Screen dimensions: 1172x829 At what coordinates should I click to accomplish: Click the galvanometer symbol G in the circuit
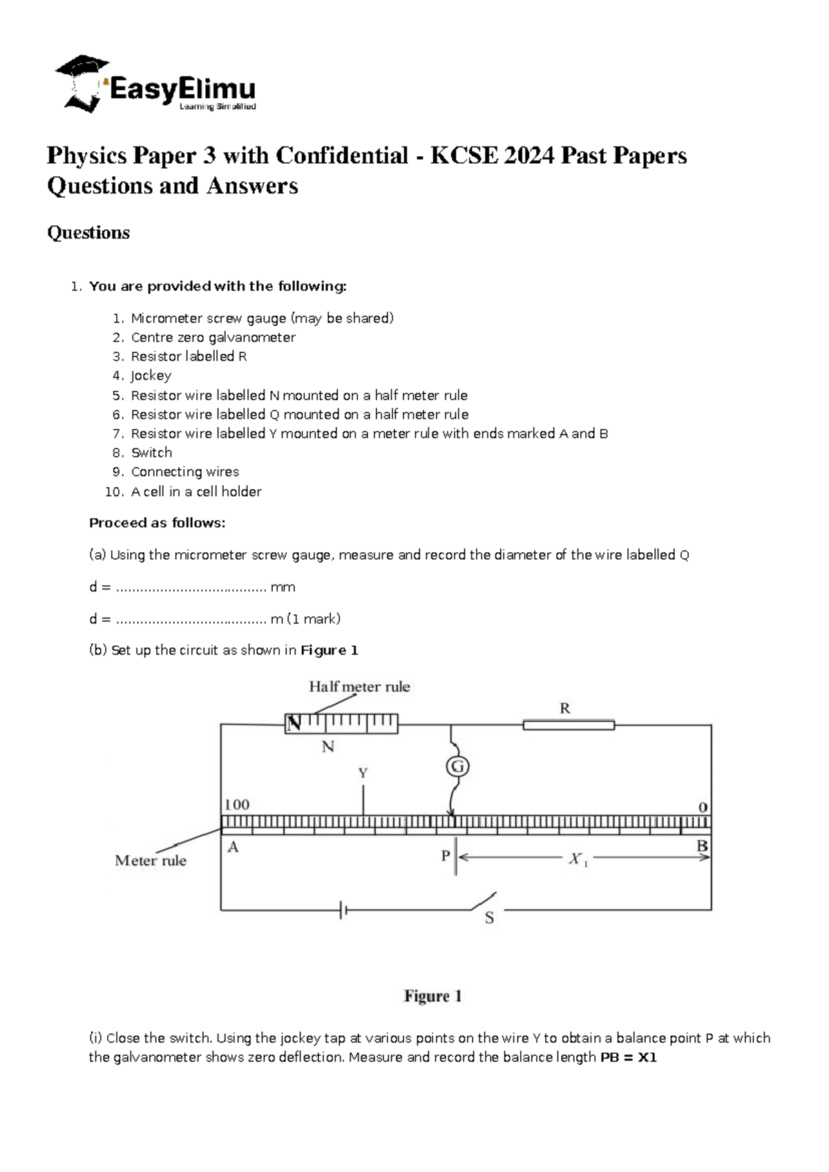(x=457, y=766)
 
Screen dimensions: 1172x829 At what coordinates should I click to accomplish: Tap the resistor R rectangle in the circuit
(x=568, y=725)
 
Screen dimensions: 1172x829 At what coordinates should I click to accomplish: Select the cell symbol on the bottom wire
(x=343, y=910)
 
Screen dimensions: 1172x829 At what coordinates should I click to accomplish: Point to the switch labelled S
(x=484, y=902)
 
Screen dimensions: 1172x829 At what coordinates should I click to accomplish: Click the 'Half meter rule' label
(x=359, y=687)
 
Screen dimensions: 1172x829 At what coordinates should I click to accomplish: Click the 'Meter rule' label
(x=151, y=861)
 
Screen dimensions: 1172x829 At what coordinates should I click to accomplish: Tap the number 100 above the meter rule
(x=237, y=804)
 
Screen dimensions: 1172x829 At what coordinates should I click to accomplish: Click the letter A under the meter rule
(x=233, y=847)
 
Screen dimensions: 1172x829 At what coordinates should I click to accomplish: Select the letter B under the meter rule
(x=702, y=846)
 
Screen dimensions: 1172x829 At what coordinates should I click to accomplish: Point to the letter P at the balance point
(x=446, y=856)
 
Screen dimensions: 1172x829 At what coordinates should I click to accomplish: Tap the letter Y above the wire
(x=363, y=773)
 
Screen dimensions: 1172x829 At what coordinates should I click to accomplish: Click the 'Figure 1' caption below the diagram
(x=432, y=996)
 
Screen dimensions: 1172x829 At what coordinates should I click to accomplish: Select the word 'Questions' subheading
(x=88, y=233)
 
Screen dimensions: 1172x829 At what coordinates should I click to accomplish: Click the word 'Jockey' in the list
(x=151, y=376)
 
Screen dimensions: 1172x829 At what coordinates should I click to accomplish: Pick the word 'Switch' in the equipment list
(x=151, y=453)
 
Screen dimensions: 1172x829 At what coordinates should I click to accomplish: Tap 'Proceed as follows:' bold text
(x=157, y=523)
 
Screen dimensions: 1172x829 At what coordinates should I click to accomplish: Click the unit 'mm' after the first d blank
(x=283, y=587)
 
